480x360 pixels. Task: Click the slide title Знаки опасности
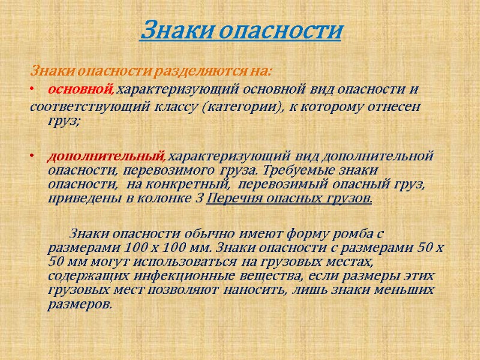tap(241, 30)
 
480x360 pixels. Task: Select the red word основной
tap(80, 89)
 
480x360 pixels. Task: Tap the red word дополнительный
tap(105, 157)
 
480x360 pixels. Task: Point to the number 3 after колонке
tap(200, 197)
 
